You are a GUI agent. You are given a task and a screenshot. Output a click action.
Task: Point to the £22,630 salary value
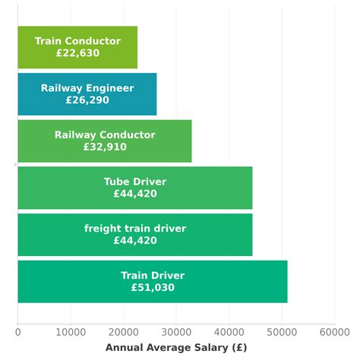(x=77, y=53)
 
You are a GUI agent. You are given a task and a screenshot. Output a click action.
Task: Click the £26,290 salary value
(x=87, y=100)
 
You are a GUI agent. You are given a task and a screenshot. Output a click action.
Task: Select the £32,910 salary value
(x=105, y=147)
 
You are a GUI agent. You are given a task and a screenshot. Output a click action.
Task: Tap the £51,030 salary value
(x=153, y=288)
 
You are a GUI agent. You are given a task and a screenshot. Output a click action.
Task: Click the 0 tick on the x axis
(x=17, y=332)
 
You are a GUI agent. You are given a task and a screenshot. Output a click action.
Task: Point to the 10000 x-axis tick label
(x=70, y=332)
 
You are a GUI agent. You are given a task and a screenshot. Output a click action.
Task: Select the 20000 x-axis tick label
(x=123, y=332)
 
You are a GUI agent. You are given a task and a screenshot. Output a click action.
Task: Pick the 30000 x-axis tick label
(x=175, y=332)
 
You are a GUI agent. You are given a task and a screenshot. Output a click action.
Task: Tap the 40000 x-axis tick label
(x=229, y=332)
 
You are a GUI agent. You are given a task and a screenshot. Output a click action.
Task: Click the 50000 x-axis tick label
(x=281, y=332)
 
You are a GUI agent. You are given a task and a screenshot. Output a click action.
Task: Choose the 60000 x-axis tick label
(x=334, y=332)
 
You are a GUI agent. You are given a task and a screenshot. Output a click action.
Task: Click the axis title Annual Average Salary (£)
(x=175, y=348)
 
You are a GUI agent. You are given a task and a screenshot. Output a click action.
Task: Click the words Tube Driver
(x=135, y=182)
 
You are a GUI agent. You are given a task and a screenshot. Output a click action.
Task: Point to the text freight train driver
(x=135, y=229)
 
